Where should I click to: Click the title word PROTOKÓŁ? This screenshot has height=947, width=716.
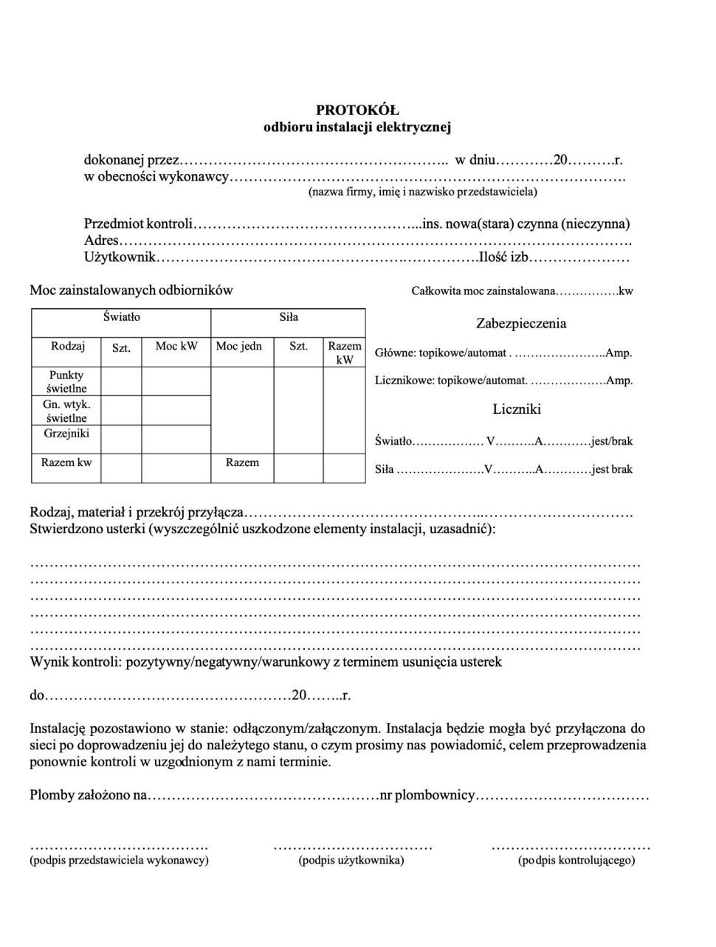[357, 110]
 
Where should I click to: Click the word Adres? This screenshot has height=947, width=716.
[101, 240]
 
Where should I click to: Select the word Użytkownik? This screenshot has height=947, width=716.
[120, 257]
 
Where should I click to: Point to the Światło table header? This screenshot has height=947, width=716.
[121, 317]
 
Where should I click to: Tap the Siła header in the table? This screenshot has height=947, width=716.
[289, 317]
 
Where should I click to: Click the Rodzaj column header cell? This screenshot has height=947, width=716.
[68, 346]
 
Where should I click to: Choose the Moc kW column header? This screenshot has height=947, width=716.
[176, 346]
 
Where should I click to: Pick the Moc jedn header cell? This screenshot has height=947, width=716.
[238, 346]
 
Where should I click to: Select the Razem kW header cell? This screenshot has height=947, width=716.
[345, 353]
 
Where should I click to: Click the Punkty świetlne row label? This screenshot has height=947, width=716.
[66, 381]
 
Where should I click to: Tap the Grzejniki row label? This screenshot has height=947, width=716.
[66, 433]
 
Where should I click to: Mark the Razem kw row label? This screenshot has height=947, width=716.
[66, 462]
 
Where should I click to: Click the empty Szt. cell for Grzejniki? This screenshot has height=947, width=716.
[121, 439]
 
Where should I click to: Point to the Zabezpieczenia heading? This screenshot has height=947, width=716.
[521, 323]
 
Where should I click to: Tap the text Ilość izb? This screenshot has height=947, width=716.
[503, 257]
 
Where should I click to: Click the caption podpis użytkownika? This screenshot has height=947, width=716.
[351, 860]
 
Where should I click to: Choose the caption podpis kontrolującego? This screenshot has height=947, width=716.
[576, 860]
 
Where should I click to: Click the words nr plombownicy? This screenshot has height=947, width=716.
[427, 796]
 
